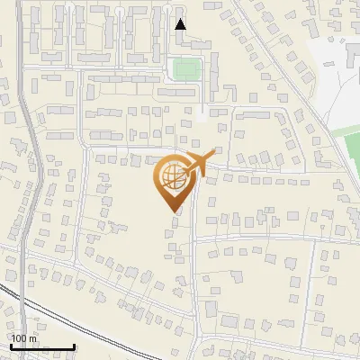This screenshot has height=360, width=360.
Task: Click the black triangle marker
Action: (181, 24)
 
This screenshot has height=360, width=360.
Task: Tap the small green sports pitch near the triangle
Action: (186, 68)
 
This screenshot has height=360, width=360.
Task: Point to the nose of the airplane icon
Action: (212, 154)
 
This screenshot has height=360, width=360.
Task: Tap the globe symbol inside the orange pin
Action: (174, 177)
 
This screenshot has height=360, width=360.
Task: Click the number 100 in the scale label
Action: (19, 338)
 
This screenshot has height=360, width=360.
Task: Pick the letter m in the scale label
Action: (32, 338)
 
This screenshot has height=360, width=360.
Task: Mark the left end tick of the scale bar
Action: (10, 346)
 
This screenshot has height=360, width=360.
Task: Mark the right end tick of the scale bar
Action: (74, 346)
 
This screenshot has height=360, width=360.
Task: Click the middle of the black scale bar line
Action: (41, 347)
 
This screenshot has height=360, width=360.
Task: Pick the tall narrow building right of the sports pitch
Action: (214, 70)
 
